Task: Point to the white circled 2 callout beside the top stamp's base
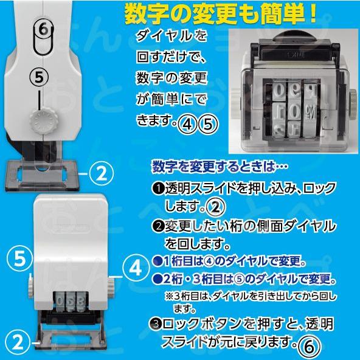101,174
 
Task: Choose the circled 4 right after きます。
179,123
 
